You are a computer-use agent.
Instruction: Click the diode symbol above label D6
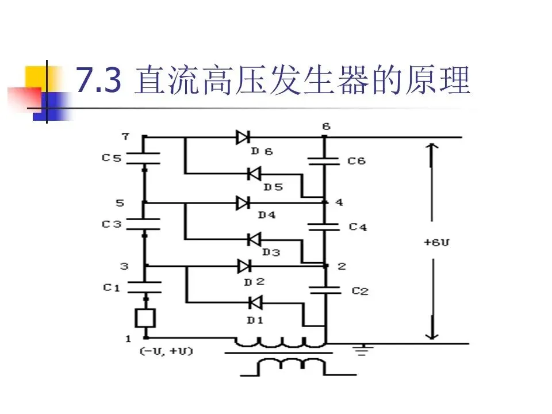click(243, 137)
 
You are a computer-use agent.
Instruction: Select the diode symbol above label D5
click(254, 172)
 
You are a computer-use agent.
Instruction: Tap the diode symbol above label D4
click(243, 202)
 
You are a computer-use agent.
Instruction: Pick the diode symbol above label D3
click(254, 238)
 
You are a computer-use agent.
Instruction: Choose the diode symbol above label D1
click(254, 301)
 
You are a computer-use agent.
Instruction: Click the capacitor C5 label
click(112, 156)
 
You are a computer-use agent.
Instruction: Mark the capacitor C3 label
click(112, 224)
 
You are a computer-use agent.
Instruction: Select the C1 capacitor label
click(112, 287)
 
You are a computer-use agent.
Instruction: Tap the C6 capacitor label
click(356, 161)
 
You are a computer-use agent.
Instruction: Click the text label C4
click(358, 227)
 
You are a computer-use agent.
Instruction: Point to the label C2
click(360, 291)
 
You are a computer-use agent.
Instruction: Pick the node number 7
click(125, 136)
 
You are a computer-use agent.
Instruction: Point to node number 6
click(327, 126)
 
